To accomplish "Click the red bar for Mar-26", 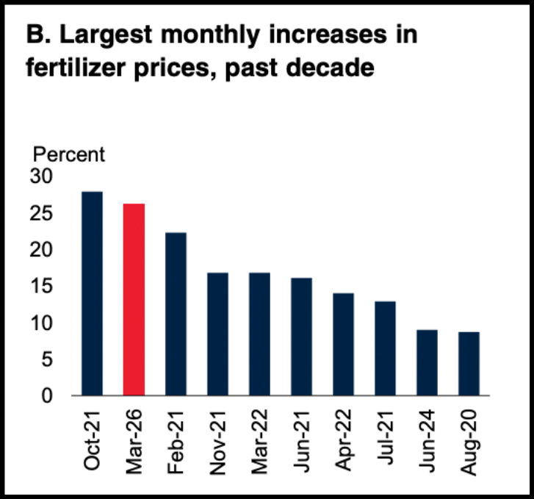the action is click(134, 299).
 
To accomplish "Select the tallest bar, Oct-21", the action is click(92, 293).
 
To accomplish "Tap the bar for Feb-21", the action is click(176, 314).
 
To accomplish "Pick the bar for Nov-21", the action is click(217, 334).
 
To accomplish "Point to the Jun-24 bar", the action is click(427, 362).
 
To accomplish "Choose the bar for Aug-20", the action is click(469, 364).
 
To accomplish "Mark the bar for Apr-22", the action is click(343, 344).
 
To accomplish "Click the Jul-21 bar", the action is click(385, 348).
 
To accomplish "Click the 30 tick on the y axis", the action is click(41, 176).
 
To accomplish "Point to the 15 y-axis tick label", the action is click(41, 286).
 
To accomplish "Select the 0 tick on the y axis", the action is click(47, 395).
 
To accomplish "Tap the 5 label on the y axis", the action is click(47, 359).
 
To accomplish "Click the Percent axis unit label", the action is click(69, 154).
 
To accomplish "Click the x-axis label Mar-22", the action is click(260, 442).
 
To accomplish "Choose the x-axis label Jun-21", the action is click(302, 442).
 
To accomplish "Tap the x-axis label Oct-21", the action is click(92, 441).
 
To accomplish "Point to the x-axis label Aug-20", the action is click(469, 442).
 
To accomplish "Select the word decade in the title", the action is click(330, 68).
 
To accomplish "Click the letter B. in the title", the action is click(38, 35).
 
